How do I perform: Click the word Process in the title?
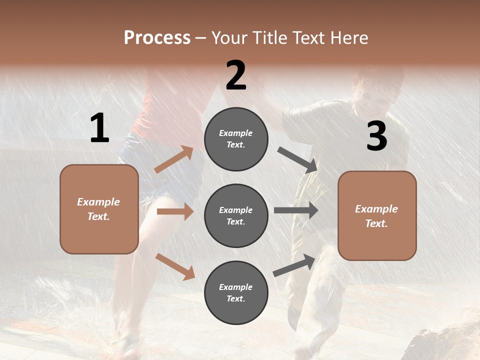click(157, 37)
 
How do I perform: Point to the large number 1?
click(99, 128)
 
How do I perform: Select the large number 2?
click(236, 75)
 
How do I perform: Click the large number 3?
click(376, 136)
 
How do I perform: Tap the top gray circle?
click(236, 139)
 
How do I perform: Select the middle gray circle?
click(236, 215)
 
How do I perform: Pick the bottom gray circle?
click(236, 292)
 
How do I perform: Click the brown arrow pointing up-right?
click(174, 159)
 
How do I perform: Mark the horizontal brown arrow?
click(175, 211)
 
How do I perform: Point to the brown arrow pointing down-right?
click(175, 266)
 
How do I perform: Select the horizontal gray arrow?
click(296, 210)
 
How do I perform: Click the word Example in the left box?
click(98, 202)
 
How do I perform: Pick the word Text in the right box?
click(376, 223)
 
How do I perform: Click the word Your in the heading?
click(229, 37)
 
